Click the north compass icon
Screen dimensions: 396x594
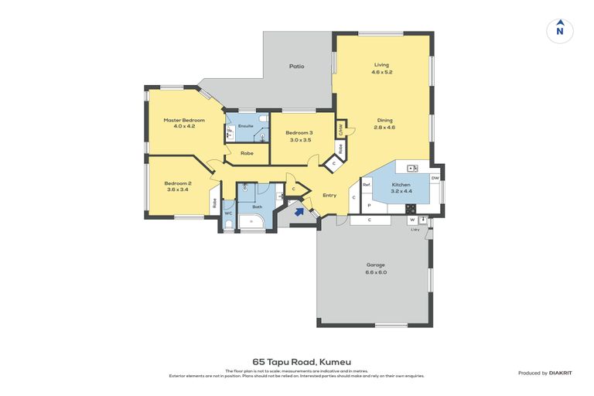pyautogui.click(x=560, y=30)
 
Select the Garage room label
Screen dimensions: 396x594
pyautogui.click(x=376, y=265)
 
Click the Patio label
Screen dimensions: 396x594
pyautogui.click(x=296, y=67)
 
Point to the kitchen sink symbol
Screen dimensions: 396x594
pyautogui.click(x=413, y=168)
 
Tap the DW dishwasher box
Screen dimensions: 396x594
pyautogui.click(x=435, y=178)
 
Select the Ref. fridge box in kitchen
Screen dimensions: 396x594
pyautogui.click(x=367, y=185)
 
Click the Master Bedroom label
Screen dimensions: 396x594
pyautogui.click(x=183, y=120)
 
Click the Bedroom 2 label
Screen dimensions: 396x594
pyautogui.click(x=177, y=183)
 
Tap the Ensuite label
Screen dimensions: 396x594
pyautogui.click(x=246, y=125)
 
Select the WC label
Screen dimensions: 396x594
pyautogui.click(x=228, y=213)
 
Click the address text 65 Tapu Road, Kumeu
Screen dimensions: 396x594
pyautogui.click(x=296, y=361)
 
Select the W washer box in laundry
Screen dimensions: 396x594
pyautogui.click(x=412, y=220)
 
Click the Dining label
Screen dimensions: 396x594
pyautogui.click(x=384, y=120)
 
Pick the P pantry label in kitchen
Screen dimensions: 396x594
pyautogui.click(x=368, y=205)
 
